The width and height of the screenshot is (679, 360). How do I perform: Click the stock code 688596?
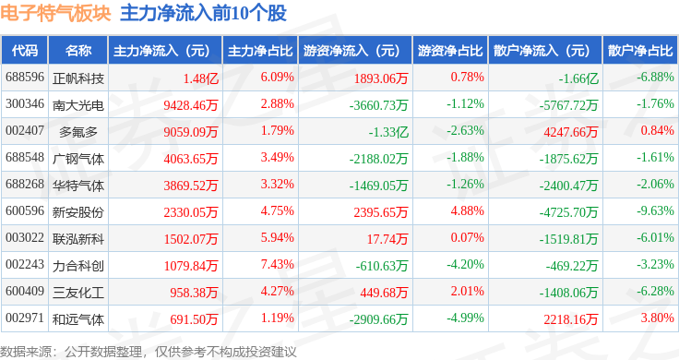click(x=25, y=78)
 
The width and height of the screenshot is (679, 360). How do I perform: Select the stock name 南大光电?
click(x=77, y=105)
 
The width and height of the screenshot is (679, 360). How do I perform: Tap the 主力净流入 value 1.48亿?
click(x=200, y=78)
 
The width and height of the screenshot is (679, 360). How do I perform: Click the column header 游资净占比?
click(x=450, y=51)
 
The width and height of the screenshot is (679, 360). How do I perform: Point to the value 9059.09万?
click(x=191, y=132)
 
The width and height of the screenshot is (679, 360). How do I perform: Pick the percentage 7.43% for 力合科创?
click(x=277, y=264)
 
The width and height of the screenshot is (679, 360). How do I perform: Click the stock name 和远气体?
click(x=77, y=319)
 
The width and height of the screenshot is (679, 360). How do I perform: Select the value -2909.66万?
click(x=379, y=319)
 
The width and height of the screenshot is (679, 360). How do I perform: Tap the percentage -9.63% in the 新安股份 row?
click(x=655, y=211)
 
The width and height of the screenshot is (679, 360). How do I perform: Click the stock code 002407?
click(x=25, y=130)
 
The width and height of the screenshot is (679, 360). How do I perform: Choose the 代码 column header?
click(x=25, y=51)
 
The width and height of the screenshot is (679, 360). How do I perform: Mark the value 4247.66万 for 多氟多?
click(x=571, y=132)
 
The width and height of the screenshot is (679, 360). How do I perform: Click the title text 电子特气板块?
click(x=56, y=13)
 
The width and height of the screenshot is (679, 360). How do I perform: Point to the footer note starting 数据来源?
click(x=149, y=352)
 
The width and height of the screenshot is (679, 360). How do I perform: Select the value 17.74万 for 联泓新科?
click(x=387, y=239)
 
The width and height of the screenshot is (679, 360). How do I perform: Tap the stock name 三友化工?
click(x=77, y=293)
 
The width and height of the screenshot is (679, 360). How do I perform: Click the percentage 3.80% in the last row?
click(x=658, y=318)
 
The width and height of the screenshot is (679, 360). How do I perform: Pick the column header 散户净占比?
click(x=640, y=51)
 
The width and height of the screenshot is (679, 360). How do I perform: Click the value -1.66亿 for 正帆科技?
click(x=578, y=78)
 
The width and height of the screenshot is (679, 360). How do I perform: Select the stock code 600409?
click(x=25, y=291)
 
